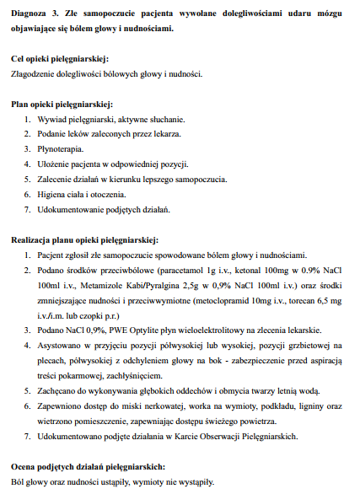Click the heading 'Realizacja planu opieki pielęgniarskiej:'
pyautogui.click(x=83, y=239)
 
